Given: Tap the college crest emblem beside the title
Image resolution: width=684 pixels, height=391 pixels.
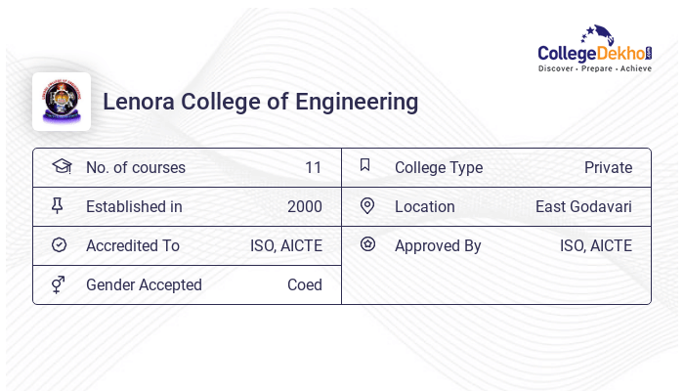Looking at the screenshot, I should pos(61,102).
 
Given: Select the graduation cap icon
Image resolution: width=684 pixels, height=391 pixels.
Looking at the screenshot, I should pos(61,166).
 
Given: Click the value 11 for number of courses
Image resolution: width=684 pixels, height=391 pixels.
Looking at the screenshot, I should pos(313,167).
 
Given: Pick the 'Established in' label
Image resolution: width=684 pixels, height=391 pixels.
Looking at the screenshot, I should pos(134,206).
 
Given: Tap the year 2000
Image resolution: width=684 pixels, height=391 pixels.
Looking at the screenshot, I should pos(304,206).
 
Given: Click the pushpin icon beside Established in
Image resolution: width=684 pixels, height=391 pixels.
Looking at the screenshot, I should pos(58,205).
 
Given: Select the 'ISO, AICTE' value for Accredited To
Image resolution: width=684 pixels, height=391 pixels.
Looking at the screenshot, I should pos(285,245).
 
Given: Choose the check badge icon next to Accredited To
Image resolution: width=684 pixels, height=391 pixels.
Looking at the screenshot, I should pos(59,245).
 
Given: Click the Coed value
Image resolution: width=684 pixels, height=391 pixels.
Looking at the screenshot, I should pos(304,284).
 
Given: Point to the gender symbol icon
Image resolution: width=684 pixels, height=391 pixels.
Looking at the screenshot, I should pos(59,284).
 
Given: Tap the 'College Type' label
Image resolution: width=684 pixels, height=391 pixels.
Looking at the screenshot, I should pos(438,167).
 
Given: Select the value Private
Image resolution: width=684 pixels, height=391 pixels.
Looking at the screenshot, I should pos(608,167).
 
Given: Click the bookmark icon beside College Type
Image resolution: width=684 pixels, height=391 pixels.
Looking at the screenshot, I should pos(365,165).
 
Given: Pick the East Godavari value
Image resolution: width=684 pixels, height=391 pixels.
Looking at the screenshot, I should pos(583,206).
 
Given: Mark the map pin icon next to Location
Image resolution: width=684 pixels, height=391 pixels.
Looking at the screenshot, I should pos(367,205).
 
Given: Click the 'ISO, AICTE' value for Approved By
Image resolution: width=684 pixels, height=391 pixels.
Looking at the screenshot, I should pos(595,245).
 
